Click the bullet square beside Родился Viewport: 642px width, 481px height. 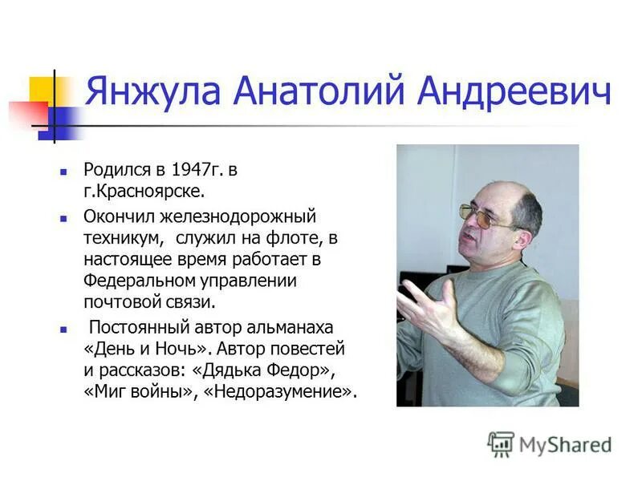63,171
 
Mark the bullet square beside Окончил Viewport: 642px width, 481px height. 63,217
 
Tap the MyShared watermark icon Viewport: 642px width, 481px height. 501,444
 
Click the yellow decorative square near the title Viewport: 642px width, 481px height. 40,90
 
